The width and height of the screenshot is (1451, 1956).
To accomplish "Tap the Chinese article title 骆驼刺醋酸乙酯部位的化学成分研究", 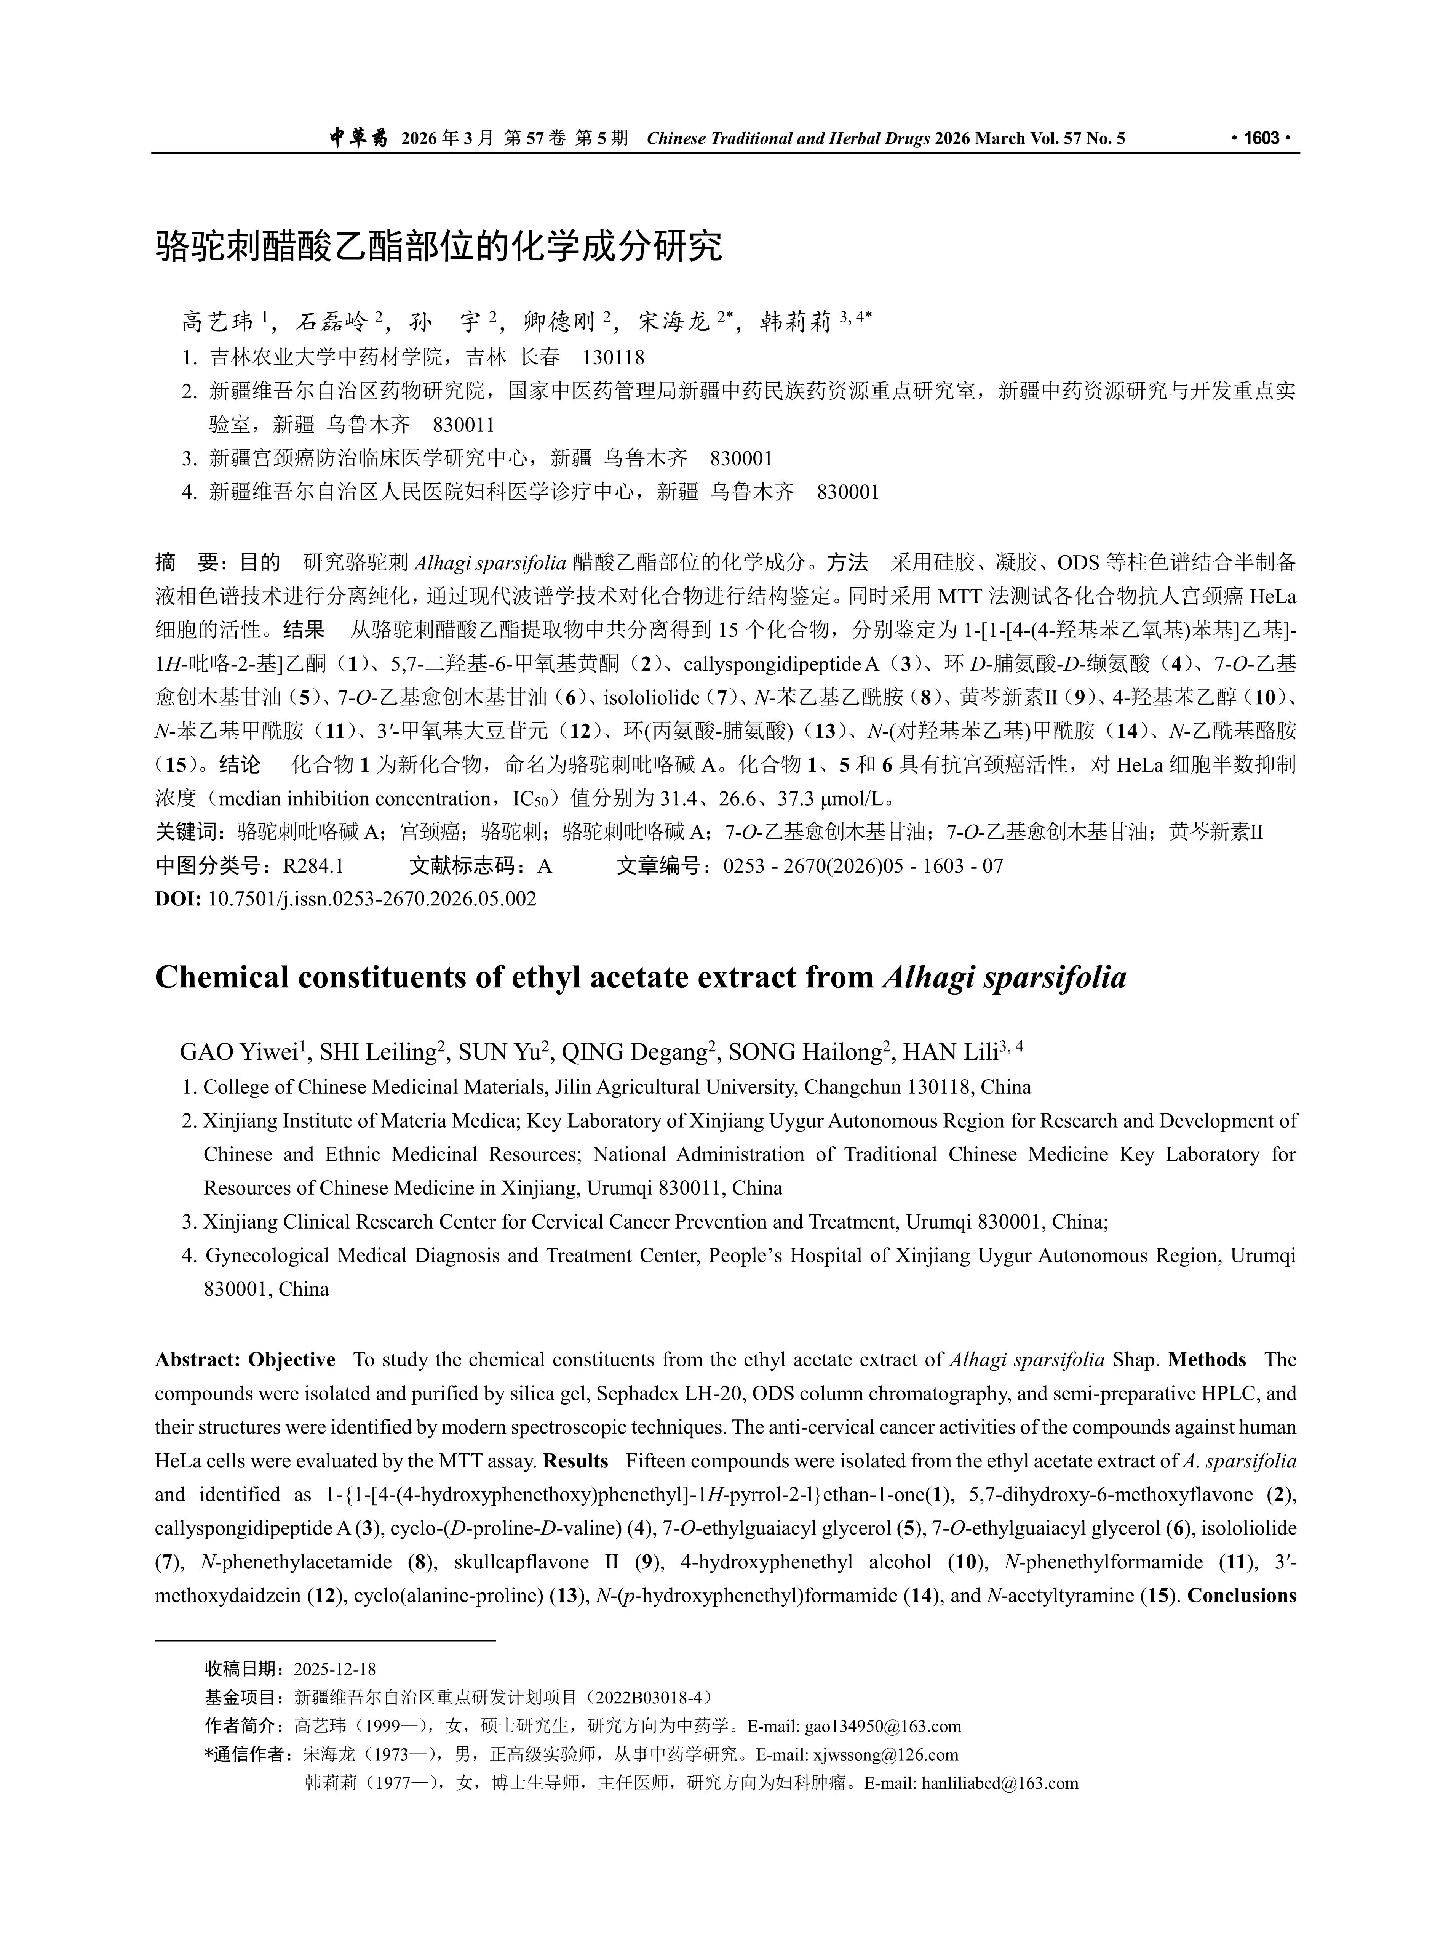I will coord(439,247).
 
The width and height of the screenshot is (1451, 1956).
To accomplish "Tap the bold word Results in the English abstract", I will coord(575,1461).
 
